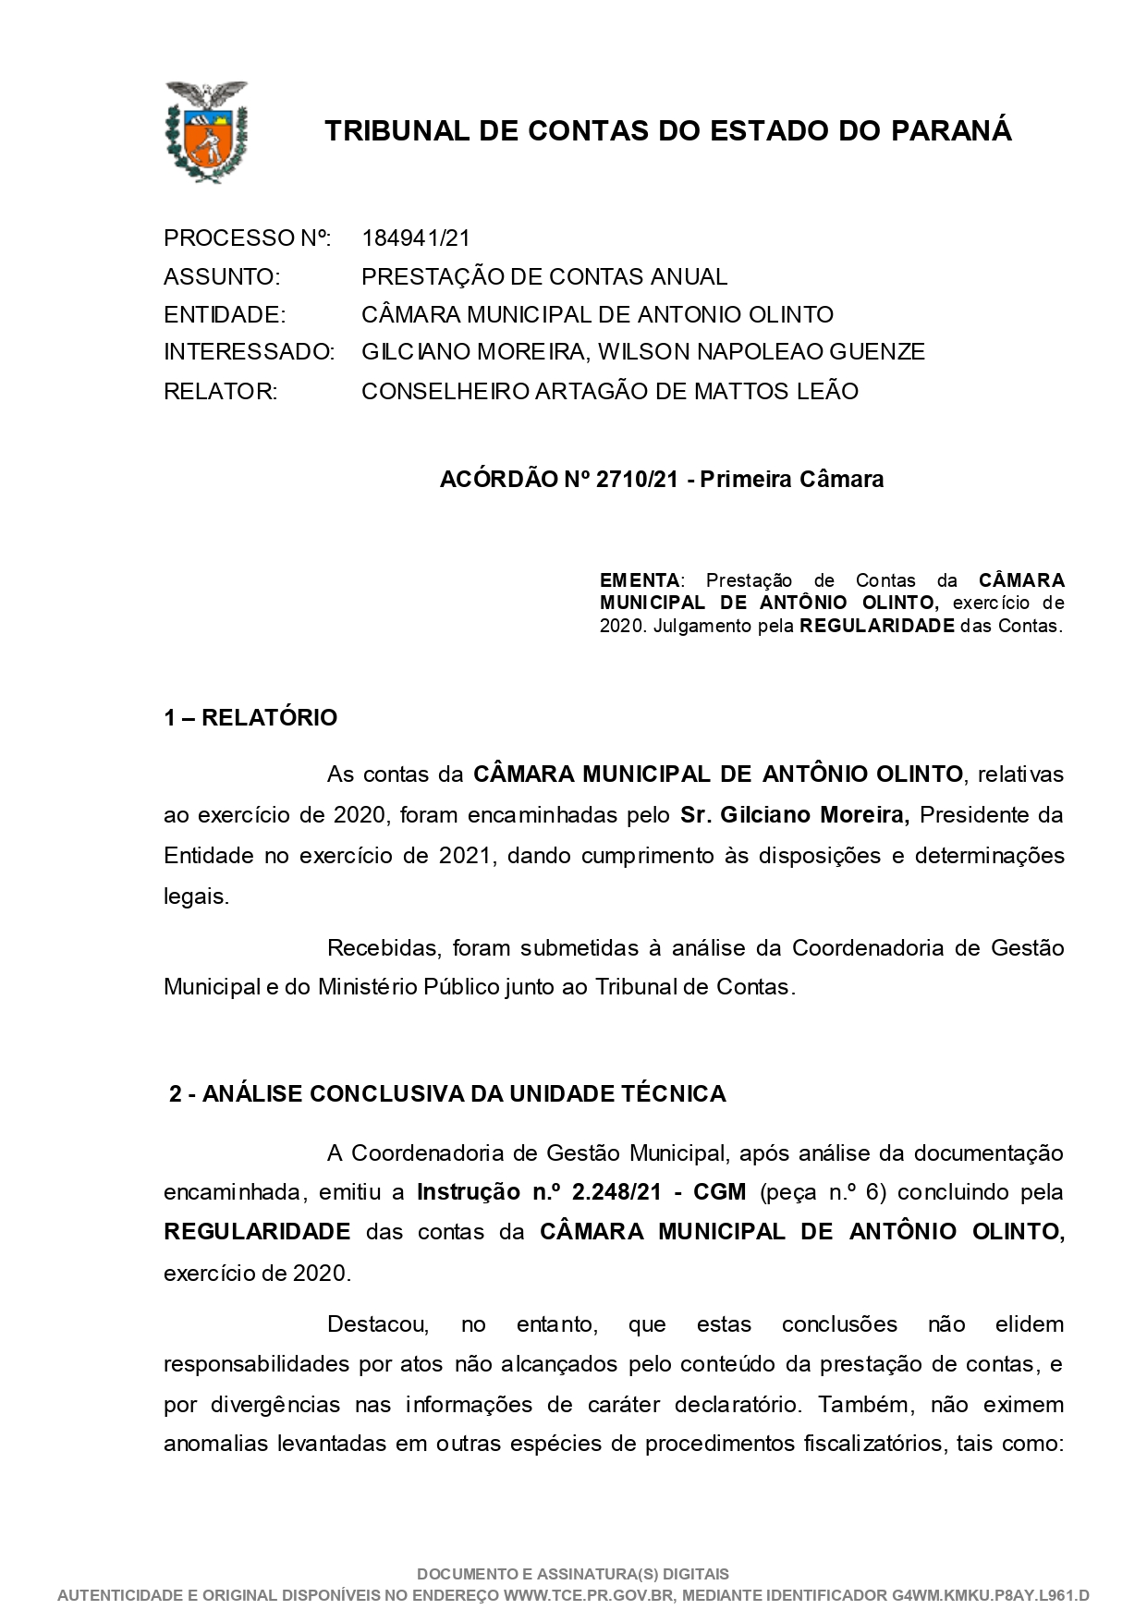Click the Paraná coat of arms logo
(x=205, y=130)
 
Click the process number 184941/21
(x=416, y=238)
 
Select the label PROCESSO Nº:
(x=247, y=238)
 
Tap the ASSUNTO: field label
(x=221, y=276)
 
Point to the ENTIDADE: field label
(x=225, y=314)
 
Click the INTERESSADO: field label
(x=249, y=352)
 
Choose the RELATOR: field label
(x=220, y=391)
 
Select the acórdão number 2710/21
(x=638, y=479)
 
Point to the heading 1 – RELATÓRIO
(x=250, y=717)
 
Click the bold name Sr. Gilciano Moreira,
(x=795, y=815)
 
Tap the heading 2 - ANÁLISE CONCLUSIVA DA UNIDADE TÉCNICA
(x=447, y=1093)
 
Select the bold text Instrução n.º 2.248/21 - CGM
(x=581, y=1191)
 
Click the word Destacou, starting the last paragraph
(x=378, y=1323)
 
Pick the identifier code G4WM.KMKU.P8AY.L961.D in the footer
(x=991, y=1595)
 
